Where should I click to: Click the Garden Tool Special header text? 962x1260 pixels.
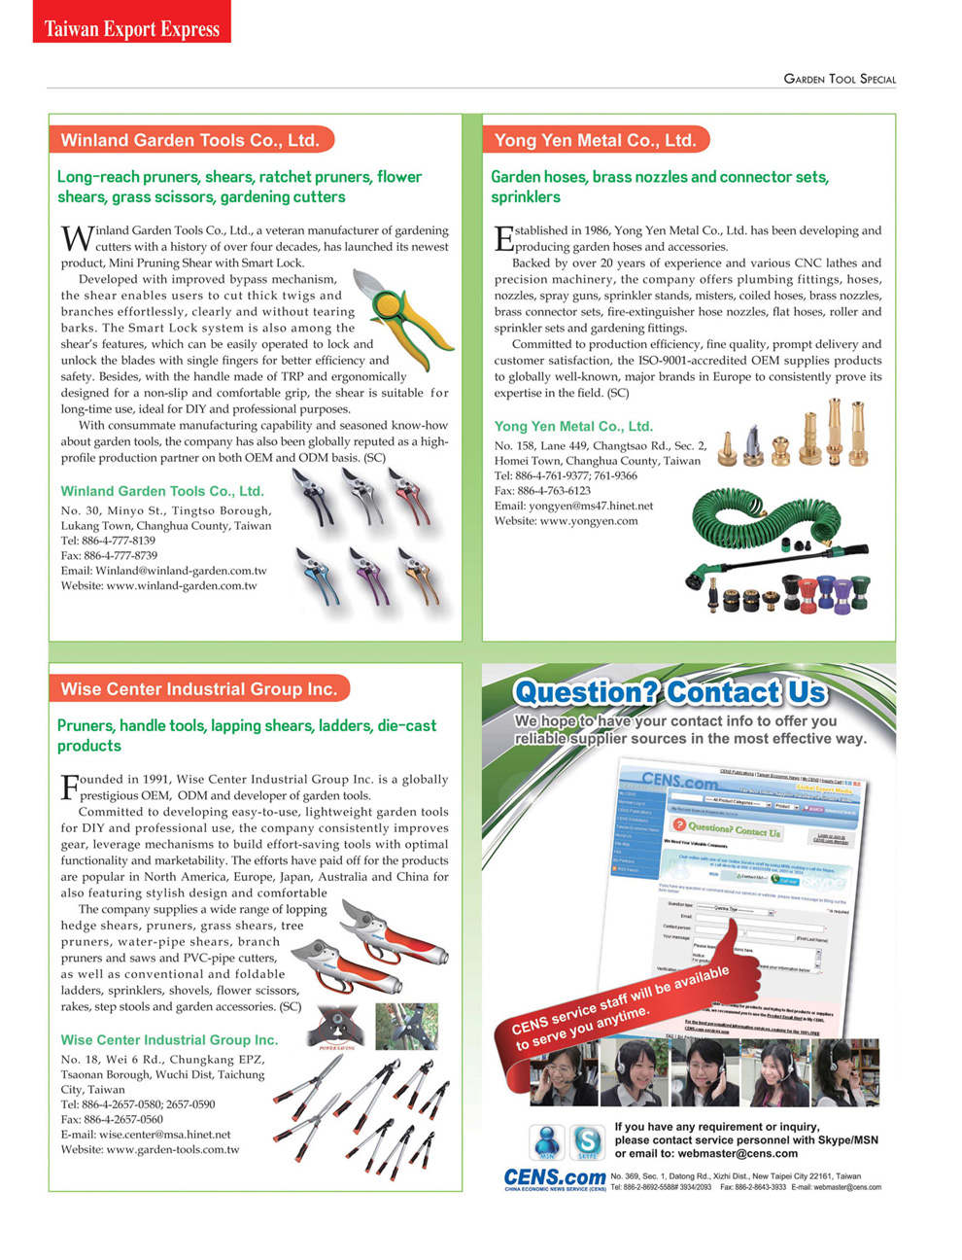[840, 79]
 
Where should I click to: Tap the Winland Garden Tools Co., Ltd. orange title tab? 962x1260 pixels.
[190, 140]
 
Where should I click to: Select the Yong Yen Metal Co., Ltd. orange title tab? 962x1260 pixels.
[595, 140]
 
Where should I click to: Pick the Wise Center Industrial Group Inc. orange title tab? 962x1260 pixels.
[198, 689]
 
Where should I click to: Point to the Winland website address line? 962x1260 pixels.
[158, 586]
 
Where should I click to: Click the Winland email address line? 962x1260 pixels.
[163, 571]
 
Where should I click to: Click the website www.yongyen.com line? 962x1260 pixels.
[566, 521]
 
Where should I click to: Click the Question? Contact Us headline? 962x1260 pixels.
[670, 692]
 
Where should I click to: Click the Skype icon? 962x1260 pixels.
[587, 1140]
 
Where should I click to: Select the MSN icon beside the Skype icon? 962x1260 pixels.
[547, 1140]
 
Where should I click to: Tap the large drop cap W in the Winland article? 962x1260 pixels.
[77, 237]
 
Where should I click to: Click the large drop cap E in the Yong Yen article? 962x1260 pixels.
[502, 238]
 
